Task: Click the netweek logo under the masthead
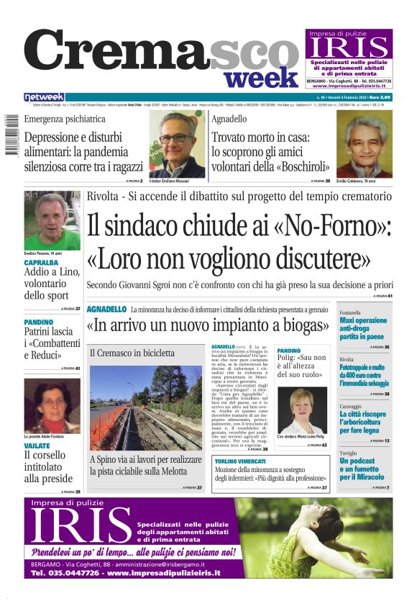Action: tap(44, 97)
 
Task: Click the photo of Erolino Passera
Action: tap(52, 220)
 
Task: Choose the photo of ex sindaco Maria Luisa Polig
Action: tap(302, 411)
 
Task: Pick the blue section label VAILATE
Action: tap(37, 446)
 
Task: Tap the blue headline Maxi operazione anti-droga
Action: tap(363, 325)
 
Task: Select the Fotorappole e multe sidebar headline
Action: tap(364, 371)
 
